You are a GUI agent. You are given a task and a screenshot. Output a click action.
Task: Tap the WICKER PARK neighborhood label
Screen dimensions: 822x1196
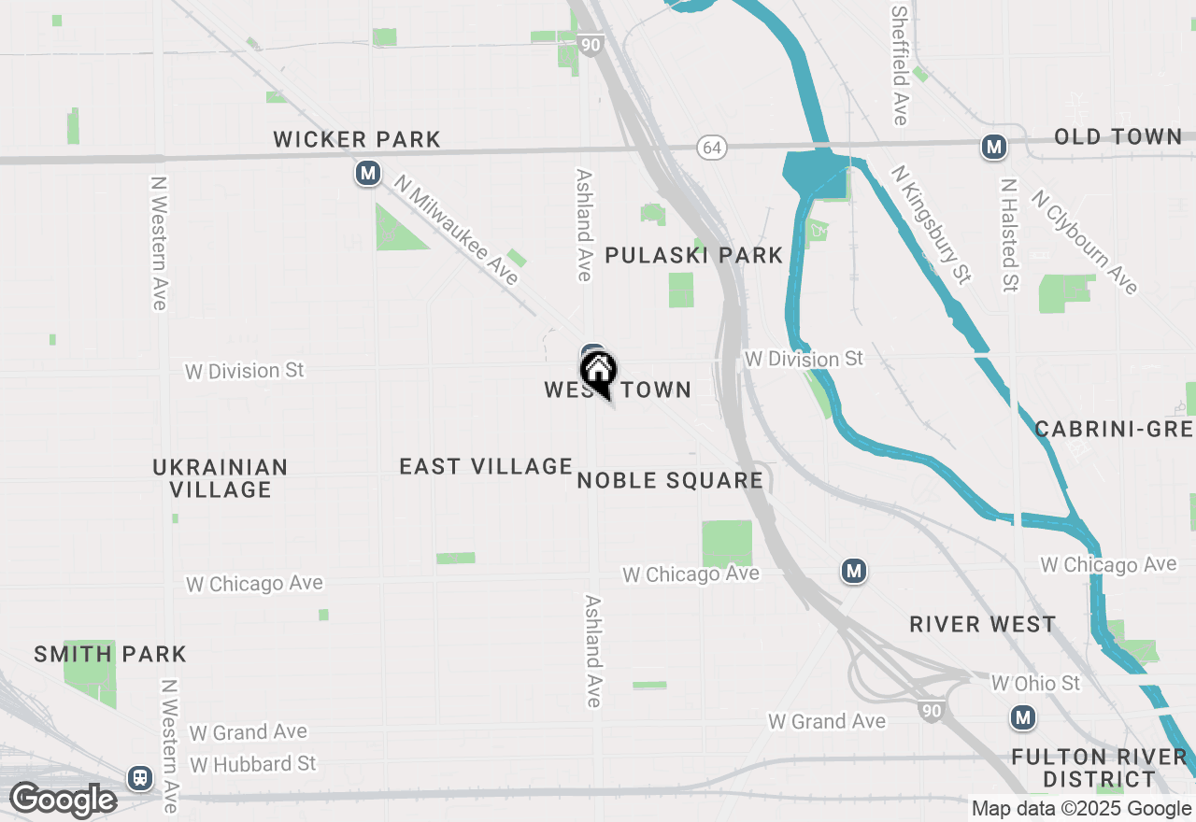coord(356,139)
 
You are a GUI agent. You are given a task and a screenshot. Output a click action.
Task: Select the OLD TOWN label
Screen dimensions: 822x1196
coord(1118,136)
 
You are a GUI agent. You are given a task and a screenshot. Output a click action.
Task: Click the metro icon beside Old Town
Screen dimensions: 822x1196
coord(993,147)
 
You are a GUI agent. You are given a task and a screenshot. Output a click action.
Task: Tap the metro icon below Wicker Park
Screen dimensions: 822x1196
coord(368,173)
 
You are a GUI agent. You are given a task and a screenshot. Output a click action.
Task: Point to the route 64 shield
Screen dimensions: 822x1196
coord(711,147)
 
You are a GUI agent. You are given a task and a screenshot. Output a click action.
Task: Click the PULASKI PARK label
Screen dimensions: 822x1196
coord(693,255)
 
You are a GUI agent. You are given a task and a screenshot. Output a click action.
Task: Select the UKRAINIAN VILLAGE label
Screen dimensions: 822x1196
coord(221,477)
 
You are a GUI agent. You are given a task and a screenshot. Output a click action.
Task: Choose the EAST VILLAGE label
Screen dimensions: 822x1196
coord(485,465)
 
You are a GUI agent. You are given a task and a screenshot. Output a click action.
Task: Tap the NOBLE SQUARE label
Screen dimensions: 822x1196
coord(670,480)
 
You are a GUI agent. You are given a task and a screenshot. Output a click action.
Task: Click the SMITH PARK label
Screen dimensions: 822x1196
coord(110,654)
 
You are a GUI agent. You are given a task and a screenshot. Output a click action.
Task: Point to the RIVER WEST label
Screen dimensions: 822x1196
coord(982,624)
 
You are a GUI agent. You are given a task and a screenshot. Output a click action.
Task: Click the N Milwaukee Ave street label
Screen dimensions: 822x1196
coord(455,230)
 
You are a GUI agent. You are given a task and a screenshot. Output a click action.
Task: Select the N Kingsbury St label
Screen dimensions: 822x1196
coord(931,225)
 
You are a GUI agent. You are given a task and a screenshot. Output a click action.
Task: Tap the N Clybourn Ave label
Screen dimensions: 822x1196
coord(1085,242)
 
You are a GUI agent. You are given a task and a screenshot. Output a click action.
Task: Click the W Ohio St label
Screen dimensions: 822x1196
coord(1035,683)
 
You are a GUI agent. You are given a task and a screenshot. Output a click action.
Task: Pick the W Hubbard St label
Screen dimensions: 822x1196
coord(252,764)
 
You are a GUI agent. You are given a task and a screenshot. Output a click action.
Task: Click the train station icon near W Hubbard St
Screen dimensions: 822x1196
coord(141,777)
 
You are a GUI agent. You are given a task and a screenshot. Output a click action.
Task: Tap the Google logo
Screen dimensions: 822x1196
coord(62,801)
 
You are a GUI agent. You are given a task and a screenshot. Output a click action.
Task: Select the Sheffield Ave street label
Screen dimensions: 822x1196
coord(900,65)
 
